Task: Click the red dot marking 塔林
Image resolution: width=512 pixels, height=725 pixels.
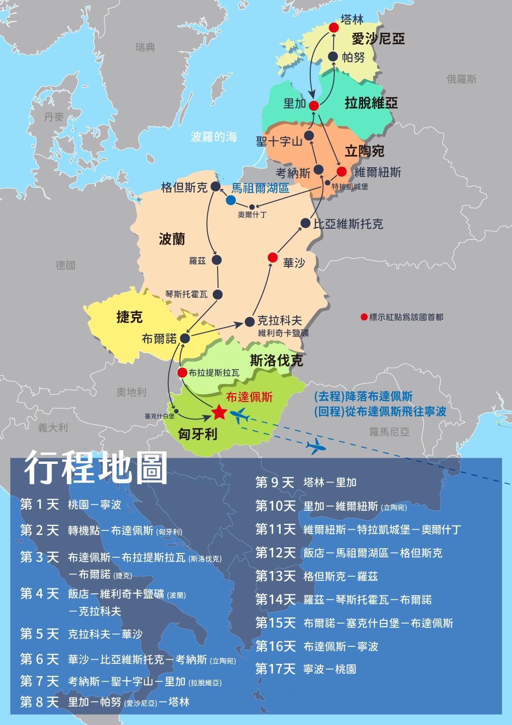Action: [334, 27]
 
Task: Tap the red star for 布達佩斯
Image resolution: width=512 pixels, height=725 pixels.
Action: [219, 413]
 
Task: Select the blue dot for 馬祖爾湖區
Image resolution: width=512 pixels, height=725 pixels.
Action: [231, 200]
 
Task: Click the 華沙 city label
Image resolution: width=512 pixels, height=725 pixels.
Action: [294, 263]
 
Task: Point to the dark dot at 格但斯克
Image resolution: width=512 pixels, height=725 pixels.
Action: [216, 187]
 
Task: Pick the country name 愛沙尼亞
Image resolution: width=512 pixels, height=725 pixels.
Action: [378, 38]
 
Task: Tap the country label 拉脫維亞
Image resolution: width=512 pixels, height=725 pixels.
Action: [371, 103]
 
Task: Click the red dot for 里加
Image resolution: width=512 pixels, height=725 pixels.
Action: [313, 106]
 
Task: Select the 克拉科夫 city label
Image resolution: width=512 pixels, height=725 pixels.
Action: [280, 320]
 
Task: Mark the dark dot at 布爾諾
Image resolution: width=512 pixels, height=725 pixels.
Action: [185, 338]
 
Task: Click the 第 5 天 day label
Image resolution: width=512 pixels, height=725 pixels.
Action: [39, 634]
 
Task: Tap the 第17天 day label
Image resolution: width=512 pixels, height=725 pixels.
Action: [275, 669]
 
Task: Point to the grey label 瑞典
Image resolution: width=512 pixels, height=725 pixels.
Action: [145, 47]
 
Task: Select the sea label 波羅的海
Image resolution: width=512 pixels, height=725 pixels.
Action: [214, 137]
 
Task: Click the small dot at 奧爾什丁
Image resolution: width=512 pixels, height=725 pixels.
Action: [252, 207]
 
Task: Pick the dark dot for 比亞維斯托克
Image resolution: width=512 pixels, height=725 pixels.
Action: [306, 224]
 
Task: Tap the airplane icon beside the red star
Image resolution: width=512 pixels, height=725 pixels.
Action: [240, 416]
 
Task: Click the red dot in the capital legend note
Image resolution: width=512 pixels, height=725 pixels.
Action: [364, 317]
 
